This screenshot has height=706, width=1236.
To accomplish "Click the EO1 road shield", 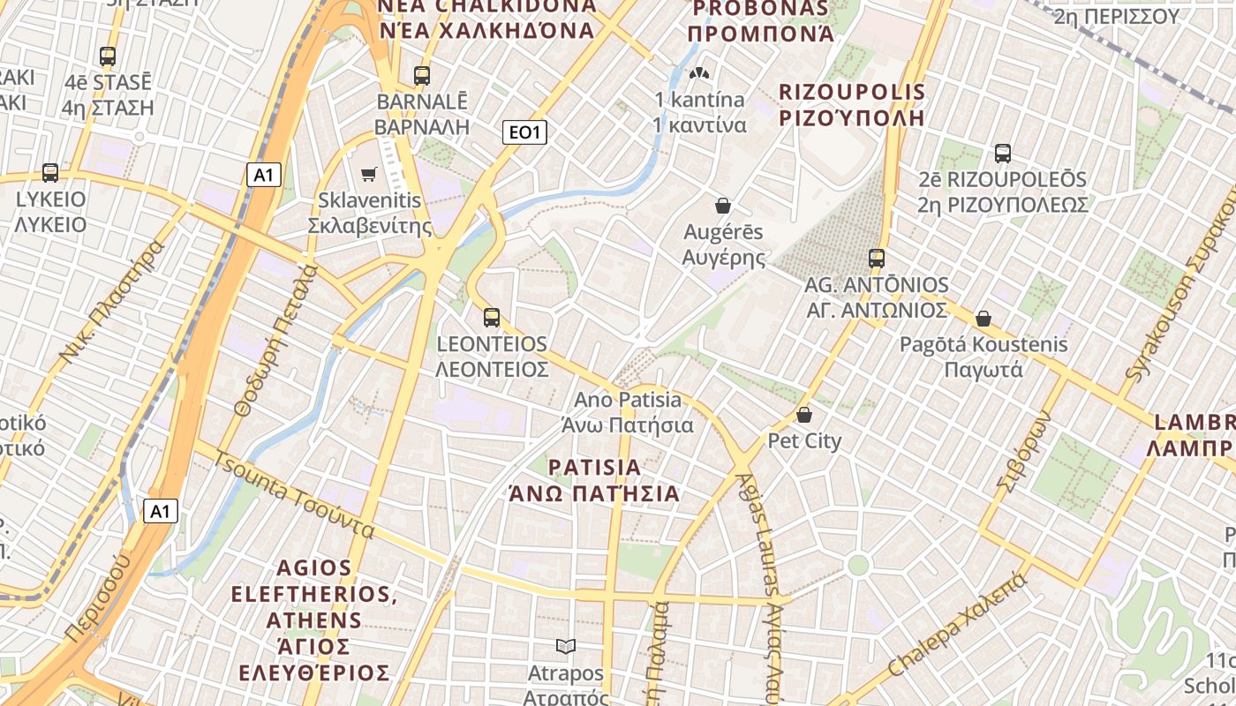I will (524, 133).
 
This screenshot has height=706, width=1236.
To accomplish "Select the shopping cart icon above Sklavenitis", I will (369, 175).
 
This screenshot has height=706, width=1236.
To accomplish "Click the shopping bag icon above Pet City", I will (804, 414).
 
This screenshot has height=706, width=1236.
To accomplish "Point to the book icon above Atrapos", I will (566, 647).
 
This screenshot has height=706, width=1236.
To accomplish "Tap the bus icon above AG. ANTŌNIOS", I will (877, 259).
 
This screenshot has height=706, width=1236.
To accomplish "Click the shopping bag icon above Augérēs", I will (723, 206).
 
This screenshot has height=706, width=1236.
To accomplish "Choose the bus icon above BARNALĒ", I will (422, 76).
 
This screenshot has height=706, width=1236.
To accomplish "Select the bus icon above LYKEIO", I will (50, 173).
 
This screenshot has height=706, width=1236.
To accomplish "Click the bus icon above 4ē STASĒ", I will (108, 56).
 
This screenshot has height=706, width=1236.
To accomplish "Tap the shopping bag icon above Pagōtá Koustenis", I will (984, 319).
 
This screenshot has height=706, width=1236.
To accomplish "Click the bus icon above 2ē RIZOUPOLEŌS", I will (1003, 154).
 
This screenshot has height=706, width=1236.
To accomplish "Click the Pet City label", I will (804, 440).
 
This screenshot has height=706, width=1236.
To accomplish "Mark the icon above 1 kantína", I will (699, 73).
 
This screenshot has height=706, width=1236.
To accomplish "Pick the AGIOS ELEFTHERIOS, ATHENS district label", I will (314, 620).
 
